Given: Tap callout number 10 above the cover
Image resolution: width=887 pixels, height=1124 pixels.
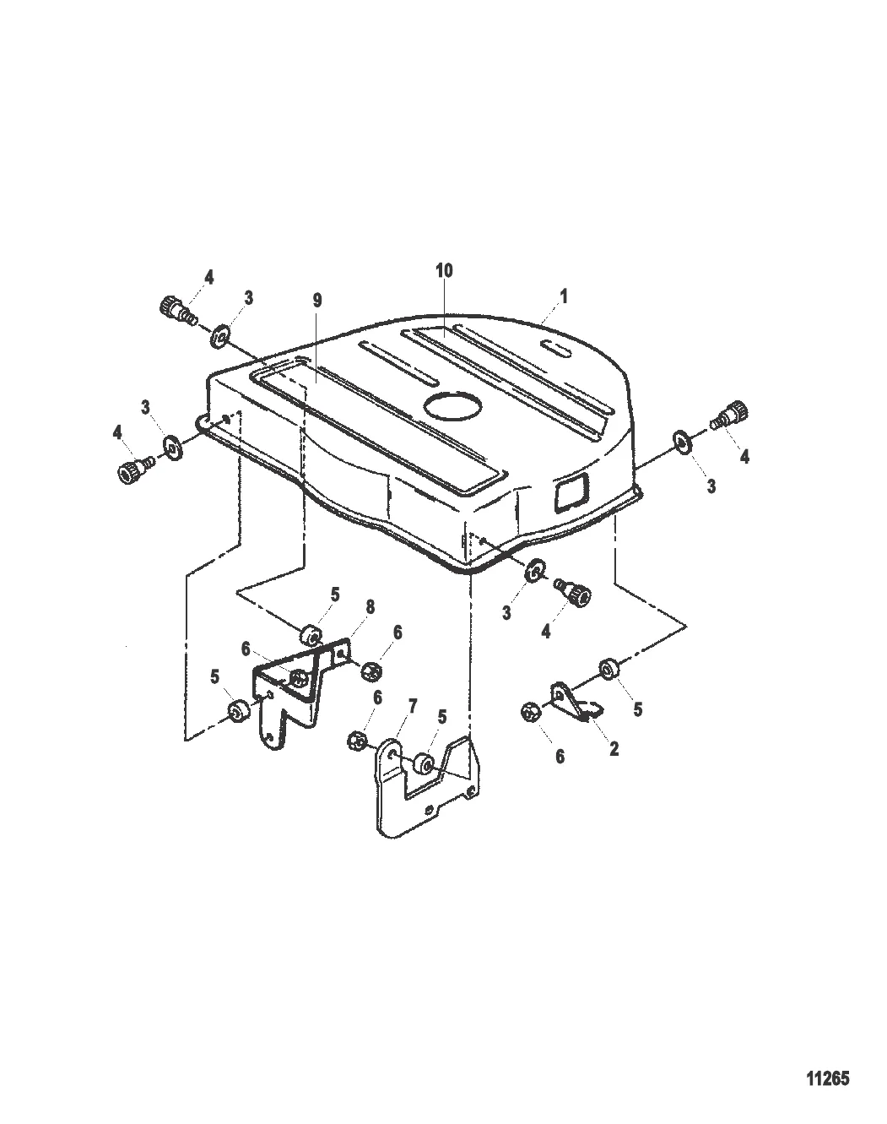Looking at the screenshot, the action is (444, 270).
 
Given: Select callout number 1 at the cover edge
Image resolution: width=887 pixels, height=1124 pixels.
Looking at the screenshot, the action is (563, 296).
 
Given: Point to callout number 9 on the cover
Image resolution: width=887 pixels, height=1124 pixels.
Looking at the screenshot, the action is (316, 301).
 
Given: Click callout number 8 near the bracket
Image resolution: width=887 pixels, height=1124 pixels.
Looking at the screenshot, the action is (370, 607).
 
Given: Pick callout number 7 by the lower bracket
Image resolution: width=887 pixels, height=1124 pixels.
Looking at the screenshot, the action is (413, 707).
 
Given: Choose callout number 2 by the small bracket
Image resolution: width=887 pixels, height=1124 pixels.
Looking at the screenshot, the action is (614, 748).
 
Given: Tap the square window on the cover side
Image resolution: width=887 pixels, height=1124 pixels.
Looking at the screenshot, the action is (572, 490).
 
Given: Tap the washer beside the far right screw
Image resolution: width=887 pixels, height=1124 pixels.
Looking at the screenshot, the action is (682, 441).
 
